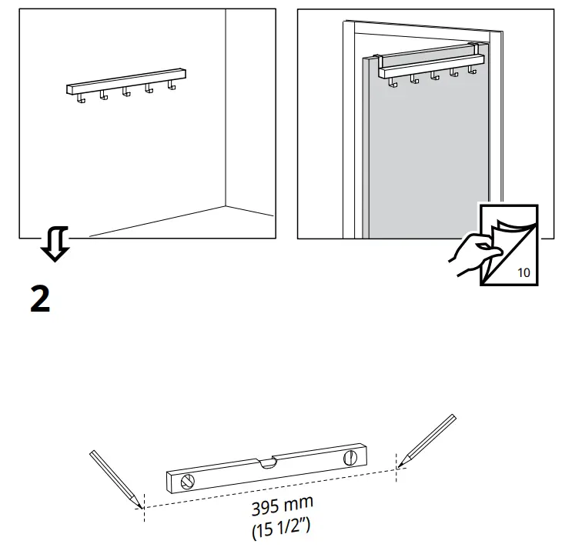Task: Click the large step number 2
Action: tap(39, 298)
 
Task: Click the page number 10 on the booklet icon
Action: tap(523, 272)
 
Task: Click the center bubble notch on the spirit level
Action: tap(268, 463)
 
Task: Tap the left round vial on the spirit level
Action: tap(187, 482)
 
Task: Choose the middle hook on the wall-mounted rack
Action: tap(125, 92)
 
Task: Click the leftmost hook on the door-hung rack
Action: tap(393, 82)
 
